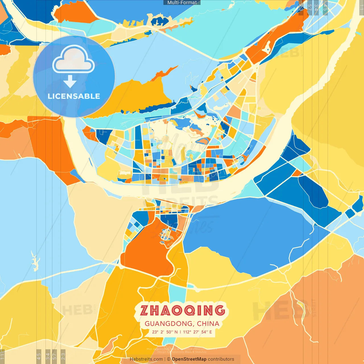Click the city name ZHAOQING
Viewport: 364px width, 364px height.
tap(183, 311)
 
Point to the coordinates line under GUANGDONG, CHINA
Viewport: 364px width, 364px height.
tap(182, 332)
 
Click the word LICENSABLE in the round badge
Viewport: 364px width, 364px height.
tap(74, 96)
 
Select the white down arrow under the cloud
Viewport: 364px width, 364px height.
tap(70, 81)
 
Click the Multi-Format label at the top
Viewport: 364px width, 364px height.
tap(182, 3)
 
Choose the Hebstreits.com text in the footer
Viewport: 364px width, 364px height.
tap(146, 359)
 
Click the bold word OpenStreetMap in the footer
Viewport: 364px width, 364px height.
tap(189, 359)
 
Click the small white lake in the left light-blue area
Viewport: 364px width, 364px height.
tap(35, 262)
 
